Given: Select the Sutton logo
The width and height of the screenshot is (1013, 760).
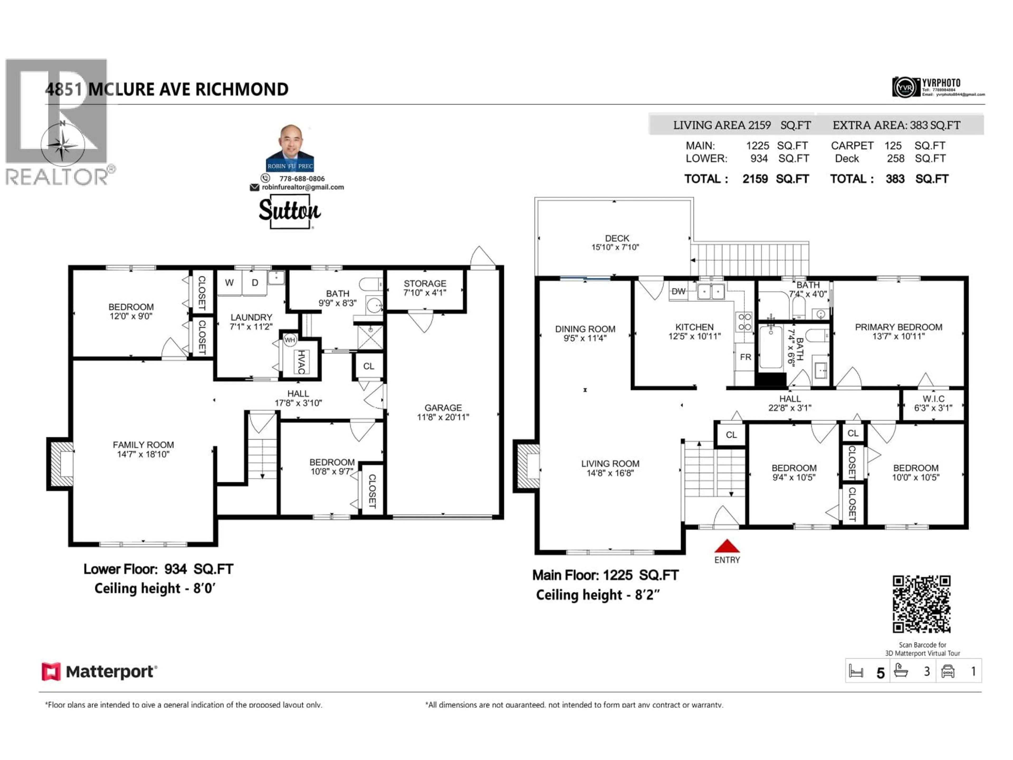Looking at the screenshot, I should pos(289,211).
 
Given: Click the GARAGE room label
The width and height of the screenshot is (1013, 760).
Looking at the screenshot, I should pos(443,412).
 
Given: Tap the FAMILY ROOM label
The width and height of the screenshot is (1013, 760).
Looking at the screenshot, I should pos(143,449).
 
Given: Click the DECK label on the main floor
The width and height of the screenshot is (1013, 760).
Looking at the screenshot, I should pos(617,242).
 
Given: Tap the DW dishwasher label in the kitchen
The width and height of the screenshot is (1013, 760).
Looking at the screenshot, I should pos(678,291).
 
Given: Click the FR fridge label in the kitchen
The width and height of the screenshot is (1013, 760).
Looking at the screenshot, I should pos(745,357).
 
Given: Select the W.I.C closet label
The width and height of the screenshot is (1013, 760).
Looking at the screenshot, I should pos(933,403).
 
